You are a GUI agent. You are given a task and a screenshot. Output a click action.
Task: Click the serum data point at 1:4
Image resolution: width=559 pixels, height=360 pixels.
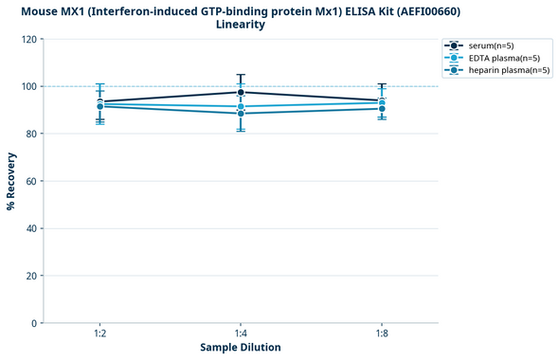(241, 92)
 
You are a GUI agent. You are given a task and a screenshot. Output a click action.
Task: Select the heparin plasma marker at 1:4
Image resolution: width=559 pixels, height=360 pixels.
(241, 114)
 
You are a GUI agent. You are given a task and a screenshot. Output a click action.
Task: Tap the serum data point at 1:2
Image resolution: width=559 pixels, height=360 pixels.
(100, 101)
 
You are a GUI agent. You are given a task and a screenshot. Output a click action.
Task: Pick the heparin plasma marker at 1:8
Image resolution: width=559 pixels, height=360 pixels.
(382, 109)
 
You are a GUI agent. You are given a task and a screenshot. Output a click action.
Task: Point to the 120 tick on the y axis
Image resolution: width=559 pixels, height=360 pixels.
(29, 39)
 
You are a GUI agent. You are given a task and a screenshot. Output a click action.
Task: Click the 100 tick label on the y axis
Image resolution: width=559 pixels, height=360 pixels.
(29, 86)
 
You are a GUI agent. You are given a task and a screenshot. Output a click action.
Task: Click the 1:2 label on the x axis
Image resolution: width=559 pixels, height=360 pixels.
(100, 333)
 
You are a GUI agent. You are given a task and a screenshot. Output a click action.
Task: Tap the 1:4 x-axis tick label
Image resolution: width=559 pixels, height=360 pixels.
(241, 333)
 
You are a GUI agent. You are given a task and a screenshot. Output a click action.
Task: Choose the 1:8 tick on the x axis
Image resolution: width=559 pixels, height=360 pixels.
(382, 333)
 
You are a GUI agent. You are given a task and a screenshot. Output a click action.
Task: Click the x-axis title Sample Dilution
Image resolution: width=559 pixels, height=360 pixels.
(241, 348)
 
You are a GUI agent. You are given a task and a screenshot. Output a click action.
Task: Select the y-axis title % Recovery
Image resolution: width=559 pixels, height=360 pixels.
(11, 180)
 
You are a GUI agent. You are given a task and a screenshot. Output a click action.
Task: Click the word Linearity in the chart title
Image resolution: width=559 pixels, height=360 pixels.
(241, 25)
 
